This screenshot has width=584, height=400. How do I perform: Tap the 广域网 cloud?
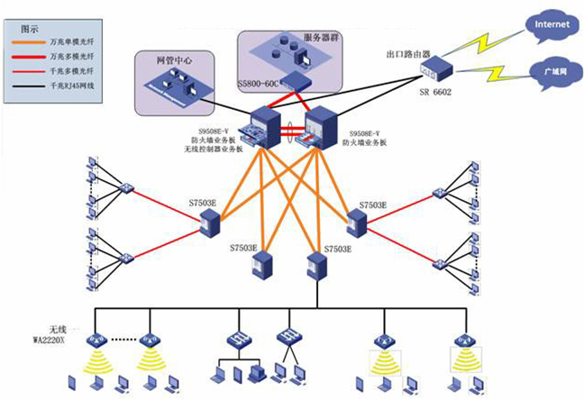pos(550,69)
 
